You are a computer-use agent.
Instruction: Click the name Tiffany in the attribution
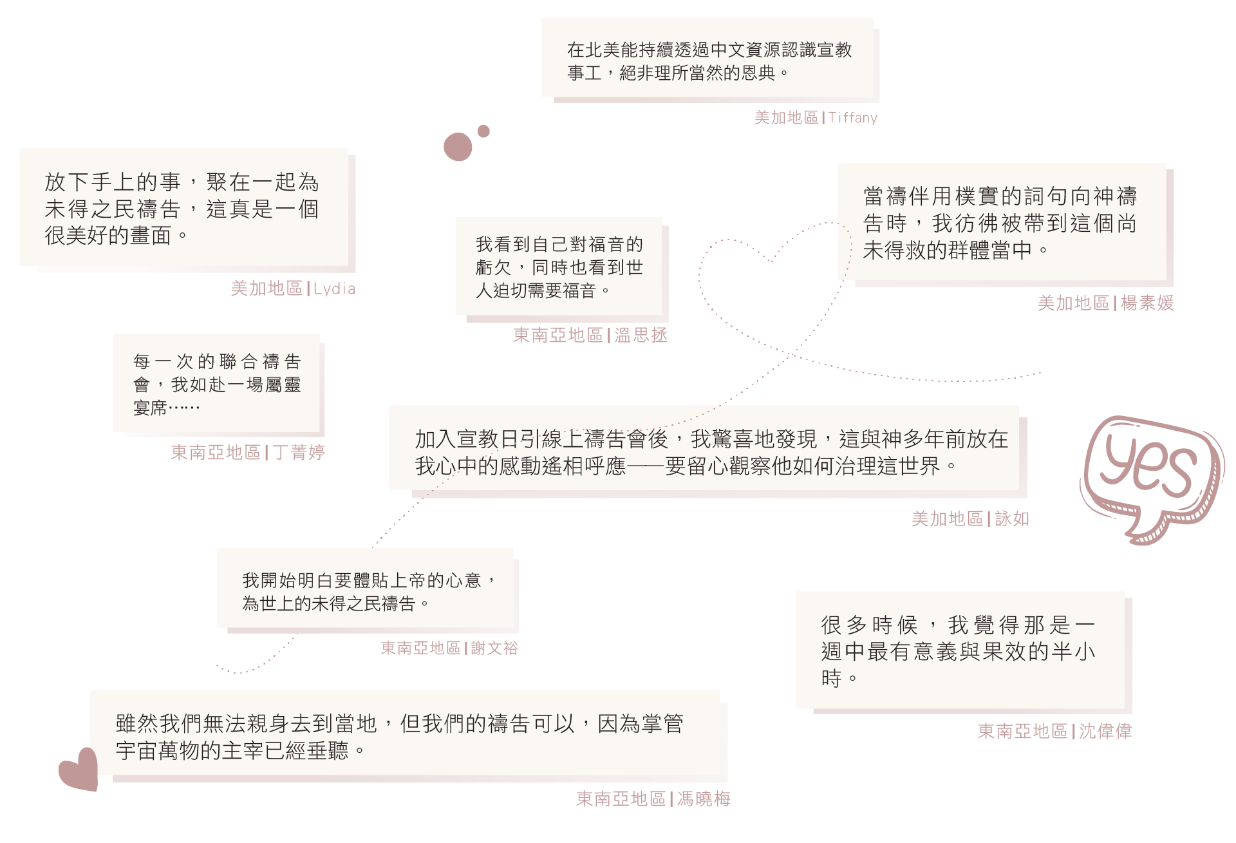853,118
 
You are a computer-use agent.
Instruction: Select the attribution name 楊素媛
1147,303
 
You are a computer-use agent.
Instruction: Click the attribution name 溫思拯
641,336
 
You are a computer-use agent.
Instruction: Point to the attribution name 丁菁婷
299,453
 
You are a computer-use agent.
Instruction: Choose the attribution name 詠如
1012,519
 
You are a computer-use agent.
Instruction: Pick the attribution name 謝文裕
494,648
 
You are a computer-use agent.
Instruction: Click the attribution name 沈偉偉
1105,732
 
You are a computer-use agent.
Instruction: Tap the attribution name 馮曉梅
704,799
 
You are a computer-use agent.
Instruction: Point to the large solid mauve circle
458,147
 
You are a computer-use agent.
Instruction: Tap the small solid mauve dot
483,131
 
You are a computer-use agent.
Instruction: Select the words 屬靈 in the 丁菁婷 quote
284,385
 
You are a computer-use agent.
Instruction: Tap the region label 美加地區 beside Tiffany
786,118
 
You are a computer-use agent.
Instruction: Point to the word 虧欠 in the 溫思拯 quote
493,268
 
